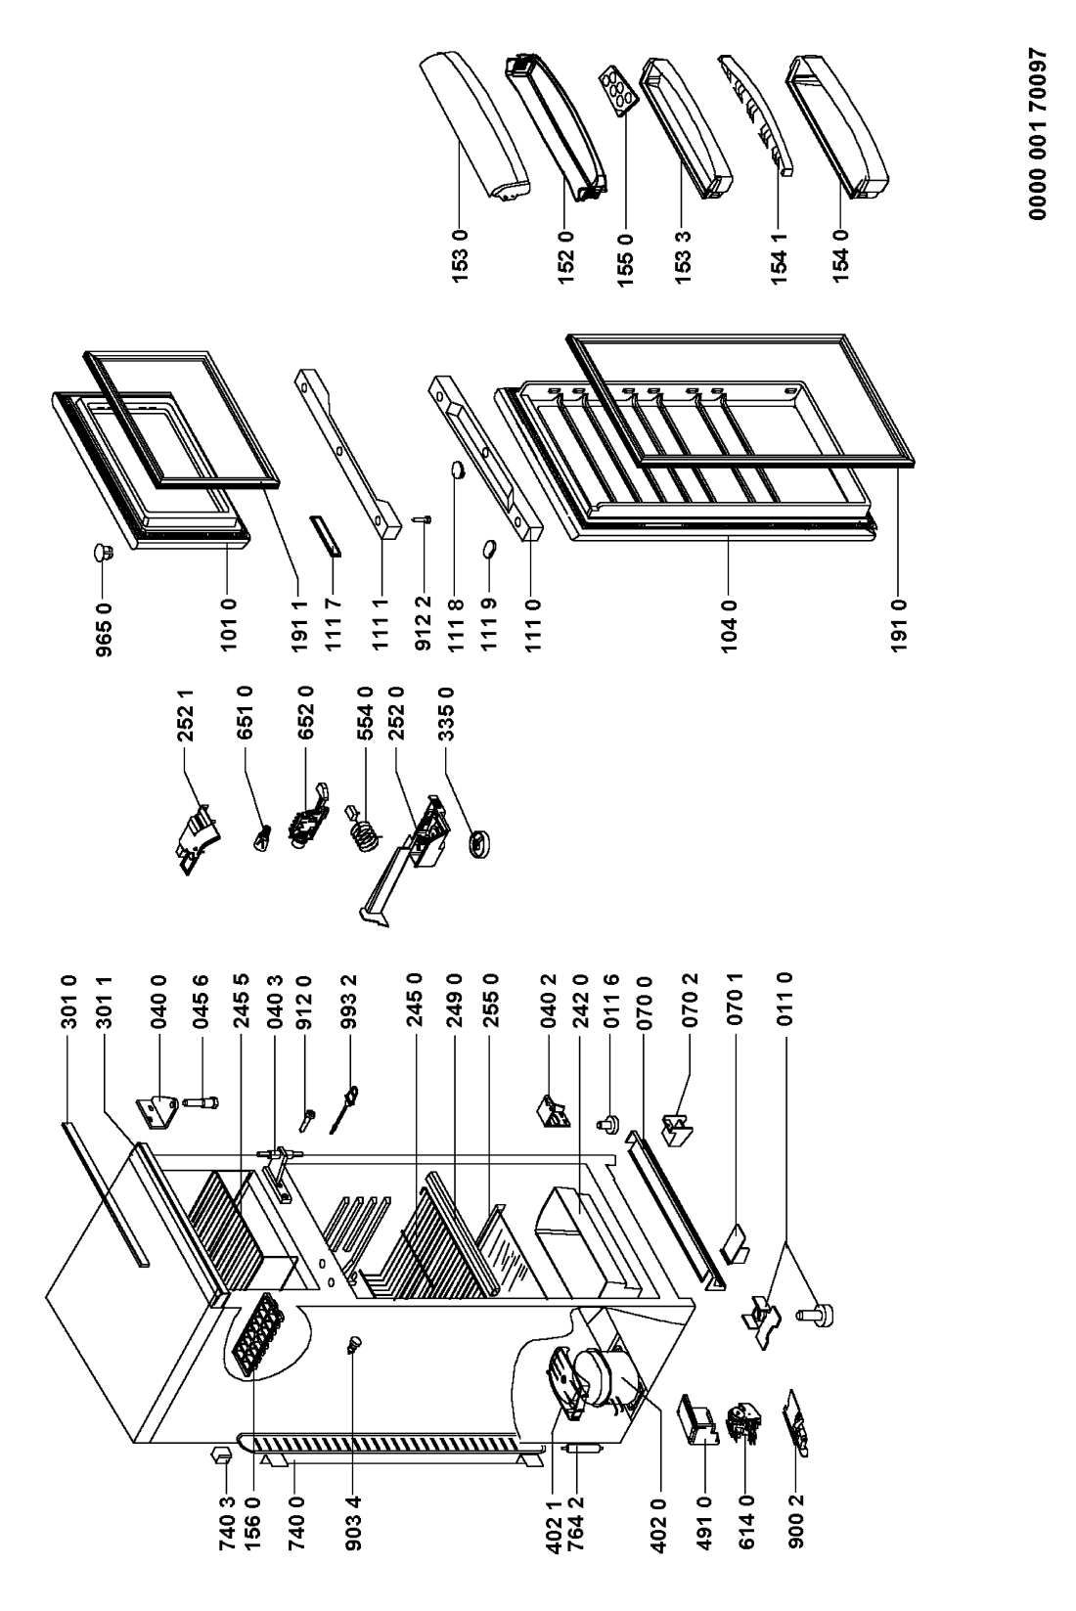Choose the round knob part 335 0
[479, 842]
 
